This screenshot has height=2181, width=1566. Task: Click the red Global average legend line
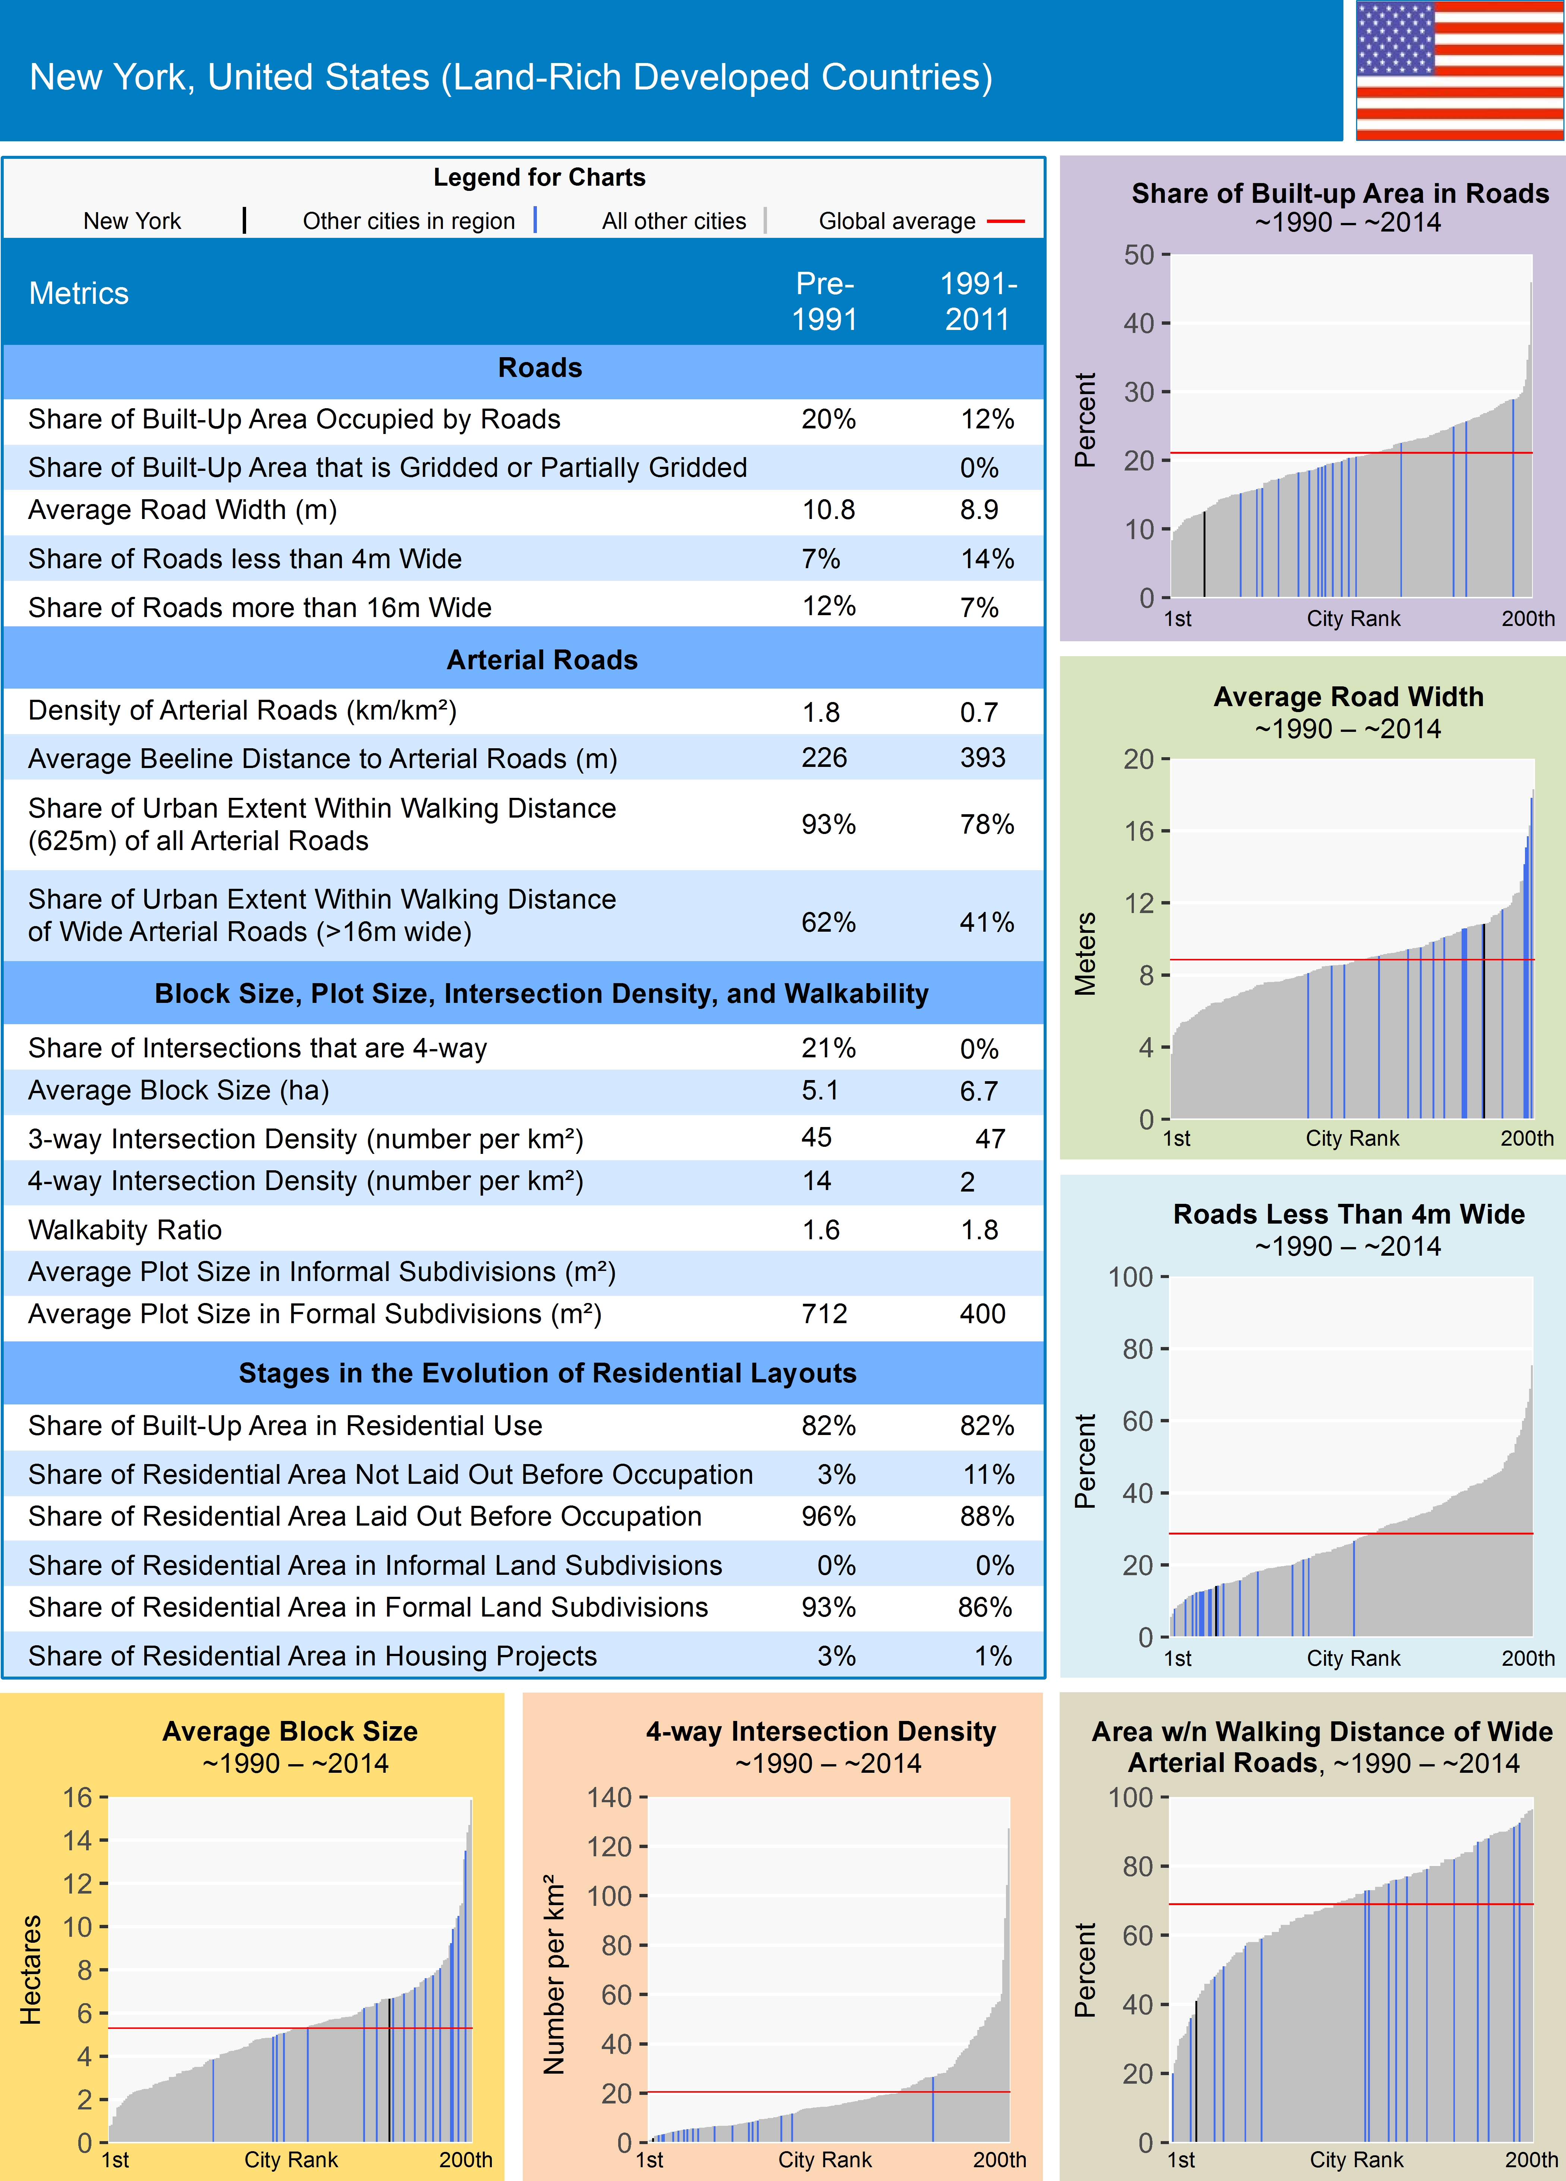pyautogui.click(x=1005, y=221)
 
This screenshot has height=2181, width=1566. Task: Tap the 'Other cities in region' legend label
pyautogui.click(x=409, y=221)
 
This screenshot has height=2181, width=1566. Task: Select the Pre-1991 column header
pyautogui.click(x=824, y=301)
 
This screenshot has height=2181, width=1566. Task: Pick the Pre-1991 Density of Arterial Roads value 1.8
pyautogui.click(x=821, y=712)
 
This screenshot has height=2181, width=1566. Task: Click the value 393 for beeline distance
pyautogui.click(x=982, y=758)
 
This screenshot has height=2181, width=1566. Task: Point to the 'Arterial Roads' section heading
pyautogui.click(x=541, y=660)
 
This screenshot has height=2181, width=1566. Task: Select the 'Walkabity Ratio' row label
pyautogui.click(x=125, y=1230)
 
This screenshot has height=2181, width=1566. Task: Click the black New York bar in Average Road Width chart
pyautogui.click(x=1483, y=1019)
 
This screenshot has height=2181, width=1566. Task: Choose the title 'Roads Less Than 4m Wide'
pyautogui.click(x=1349, y=1215)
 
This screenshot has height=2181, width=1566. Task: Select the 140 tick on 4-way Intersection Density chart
pyautogui.click(x=610, y=1797)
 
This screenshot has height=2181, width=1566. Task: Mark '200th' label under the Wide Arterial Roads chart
pyautogui.click(x=1531, y=2160)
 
